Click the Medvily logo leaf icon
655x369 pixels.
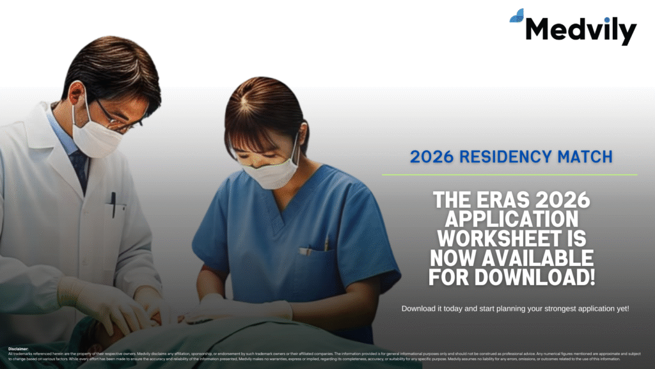click(x=517, y=16)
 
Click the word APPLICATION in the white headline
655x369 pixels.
click(x=510, y=220)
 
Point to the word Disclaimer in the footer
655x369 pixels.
click(x=19, y=349)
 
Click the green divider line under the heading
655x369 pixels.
click(x=509, y=174)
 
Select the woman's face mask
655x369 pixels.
click(x=271, y=173)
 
